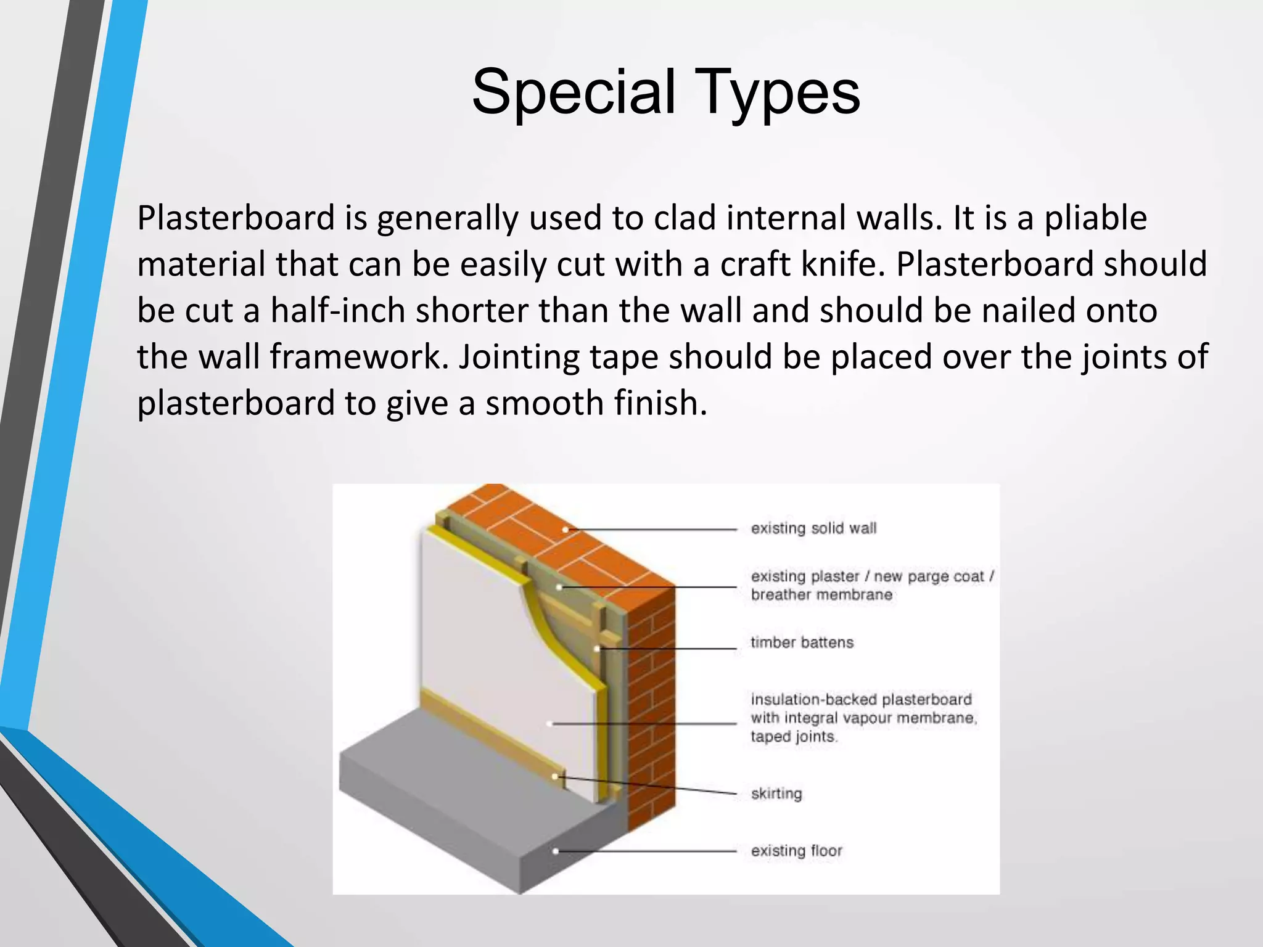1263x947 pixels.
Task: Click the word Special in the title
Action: point(574,92)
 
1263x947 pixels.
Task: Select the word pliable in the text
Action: point(1095,218)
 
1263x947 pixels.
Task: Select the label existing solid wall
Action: point(813,528)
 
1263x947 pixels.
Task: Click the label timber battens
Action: point(802,642)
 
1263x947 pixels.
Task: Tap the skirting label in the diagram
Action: point(776,793)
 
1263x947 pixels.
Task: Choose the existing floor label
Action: point(796,851)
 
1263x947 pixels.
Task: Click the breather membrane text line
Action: point(821,595)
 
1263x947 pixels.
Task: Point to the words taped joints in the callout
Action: point(793,737)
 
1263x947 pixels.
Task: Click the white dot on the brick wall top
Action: point(566,529)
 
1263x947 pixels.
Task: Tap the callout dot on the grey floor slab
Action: point(555,851)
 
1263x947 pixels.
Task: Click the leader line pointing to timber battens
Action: point(666,649)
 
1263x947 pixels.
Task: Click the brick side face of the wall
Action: point(651,709)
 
